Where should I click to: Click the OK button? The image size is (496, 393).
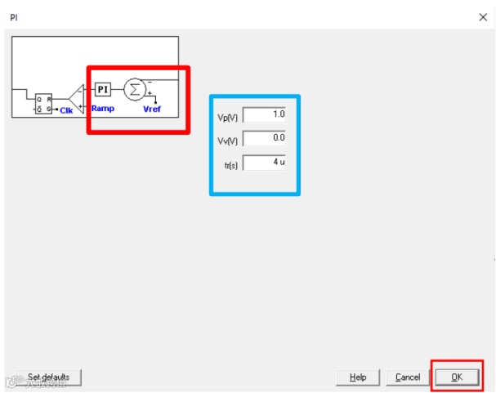pos(457,377)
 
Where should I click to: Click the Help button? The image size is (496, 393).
pos(358,377)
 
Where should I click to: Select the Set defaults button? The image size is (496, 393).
pos(49,377)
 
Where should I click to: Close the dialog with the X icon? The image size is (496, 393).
pos(482,16)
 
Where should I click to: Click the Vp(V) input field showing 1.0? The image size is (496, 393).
pos(265,114)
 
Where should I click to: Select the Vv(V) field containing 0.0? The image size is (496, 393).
pos(265,138)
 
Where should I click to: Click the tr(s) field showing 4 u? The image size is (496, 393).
pos(265,162)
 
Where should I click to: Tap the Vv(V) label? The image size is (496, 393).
pos(226,140)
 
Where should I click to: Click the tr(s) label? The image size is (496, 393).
pos(230,163)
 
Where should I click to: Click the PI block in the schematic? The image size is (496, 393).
pos(103,89)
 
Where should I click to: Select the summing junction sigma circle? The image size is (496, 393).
pos(134,89)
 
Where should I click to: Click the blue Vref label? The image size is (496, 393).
pos(152,109)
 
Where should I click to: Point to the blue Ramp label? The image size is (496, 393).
pos(103,109)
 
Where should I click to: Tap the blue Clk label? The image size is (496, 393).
pos(66,109)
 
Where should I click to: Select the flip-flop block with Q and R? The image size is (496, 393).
pos(42,102)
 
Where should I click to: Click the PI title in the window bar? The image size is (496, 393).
pos(13,16)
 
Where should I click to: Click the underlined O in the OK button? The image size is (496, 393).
pos(454,377)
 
